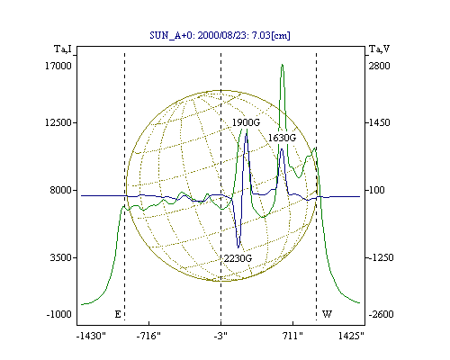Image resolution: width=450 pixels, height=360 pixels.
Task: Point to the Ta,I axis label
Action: (63, 49)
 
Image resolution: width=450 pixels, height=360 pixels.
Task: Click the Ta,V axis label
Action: (379, 49)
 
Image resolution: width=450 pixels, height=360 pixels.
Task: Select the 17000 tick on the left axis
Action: (58, 66)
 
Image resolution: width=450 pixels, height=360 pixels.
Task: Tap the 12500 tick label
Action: (58, 122)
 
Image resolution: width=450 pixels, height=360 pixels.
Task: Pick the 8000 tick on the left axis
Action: (62, 190)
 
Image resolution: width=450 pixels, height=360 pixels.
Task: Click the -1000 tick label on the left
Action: (59, 314)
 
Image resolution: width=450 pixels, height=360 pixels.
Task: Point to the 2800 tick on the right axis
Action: (380, 66)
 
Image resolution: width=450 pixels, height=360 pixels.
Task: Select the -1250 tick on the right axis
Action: (381, 257)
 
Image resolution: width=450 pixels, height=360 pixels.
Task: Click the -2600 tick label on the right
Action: (381, 314)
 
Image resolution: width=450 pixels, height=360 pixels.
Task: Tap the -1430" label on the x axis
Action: (92, 336)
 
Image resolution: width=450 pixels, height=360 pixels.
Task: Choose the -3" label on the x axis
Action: (220, 336)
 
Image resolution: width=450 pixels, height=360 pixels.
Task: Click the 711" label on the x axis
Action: (292, 336)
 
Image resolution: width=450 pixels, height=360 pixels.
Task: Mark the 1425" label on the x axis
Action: (351, 336)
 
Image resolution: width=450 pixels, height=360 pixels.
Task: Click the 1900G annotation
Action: (246, 122)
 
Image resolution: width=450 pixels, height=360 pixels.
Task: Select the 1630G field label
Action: (282, 138)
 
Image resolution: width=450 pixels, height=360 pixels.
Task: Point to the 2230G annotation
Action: (238, 258)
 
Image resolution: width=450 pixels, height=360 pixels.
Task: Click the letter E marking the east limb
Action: (118, 314)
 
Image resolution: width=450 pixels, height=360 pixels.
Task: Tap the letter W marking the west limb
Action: (327, 314)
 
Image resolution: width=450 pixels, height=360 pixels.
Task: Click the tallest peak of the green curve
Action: (283, 65)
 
